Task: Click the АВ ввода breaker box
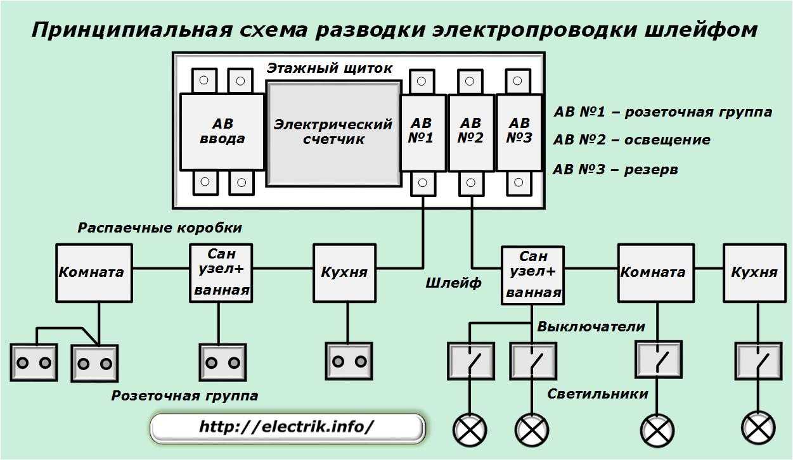222,132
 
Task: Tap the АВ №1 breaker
423,133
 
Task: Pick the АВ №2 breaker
471,133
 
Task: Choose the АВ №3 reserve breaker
519,133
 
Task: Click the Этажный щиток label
330,68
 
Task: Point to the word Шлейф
453,283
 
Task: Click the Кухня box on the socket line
344,272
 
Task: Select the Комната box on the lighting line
656,272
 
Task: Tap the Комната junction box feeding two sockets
94,272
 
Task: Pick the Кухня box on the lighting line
754,272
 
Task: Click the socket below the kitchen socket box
349,361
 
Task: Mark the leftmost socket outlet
34,362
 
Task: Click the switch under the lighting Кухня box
758,361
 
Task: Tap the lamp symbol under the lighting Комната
657,431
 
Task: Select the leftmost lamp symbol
470,431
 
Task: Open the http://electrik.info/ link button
287,428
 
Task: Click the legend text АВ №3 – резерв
616,170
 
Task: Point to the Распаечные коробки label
160,228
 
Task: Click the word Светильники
598,394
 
